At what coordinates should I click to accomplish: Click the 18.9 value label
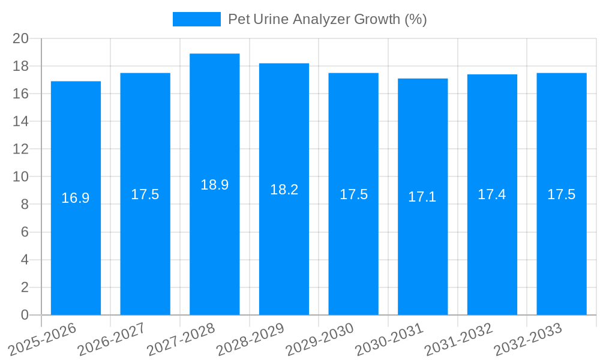[214, 185]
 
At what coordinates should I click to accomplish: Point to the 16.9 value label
[76, 198]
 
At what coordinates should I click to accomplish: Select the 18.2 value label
[284, 190]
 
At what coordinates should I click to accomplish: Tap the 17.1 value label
[422, 197]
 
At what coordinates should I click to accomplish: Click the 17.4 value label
[492, 194]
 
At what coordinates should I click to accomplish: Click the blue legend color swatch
[196, 19]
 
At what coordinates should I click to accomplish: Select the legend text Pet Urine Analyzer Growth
[327, 19]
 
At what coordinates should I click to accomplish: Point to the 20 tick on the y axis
[21, 38]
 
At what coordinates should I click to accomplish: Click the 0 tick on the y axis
[25, 315]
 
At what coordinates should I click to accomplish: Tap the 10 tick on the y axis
[21, 177]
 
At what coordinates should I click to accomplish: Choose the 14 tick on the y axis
[21, 121]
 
